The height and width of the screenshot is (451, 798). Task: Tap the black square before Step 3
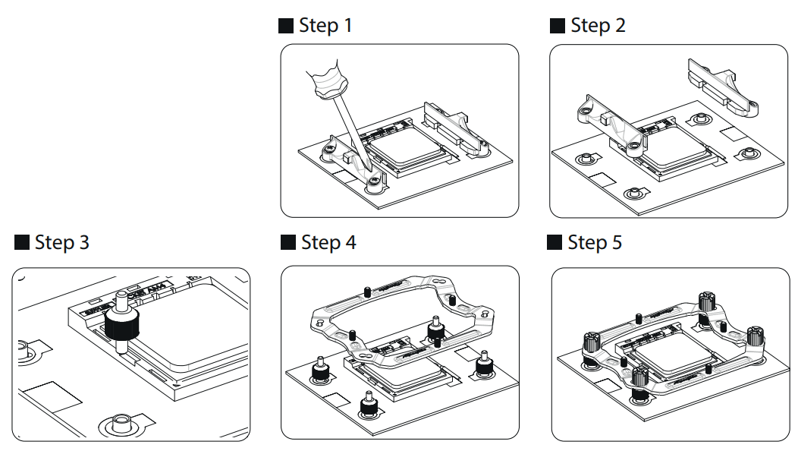click(22, 243)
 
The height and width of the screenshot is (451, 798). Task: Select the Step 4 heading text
click(328, 243)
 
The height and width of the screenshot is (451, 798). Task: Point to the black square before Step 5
click(555, 243)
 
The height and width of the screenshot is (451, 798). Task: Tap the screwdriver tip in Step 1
click(366, 169)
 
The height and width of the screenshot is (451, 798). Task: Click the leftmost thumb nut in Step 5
click(592, 342)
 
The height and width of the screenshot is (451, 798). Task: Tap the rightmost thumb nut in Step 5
click(754, 336)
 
